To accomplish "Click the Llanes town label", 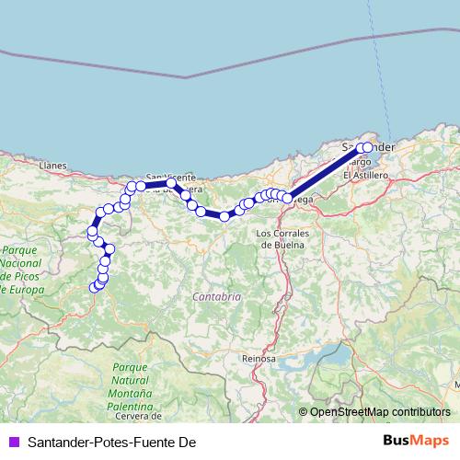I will click(x=54, y=166).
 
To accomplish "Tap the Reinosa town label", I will click(x=259, y=358).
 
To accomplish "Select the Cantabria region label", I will click(x=217, y=297).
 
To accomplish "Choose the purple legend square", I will click(x=13, y=443).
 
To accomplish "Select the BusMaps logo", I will click(x=416, y=442).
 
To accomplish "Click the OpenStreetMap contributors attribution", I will click(x=379, y=412).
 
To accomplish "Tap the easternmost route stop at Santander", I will click(x=368, y=147).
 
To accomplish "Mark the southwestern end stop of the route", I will click(x=93, y=288).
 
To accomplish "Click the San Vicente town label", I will click(x=170, y=176).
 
